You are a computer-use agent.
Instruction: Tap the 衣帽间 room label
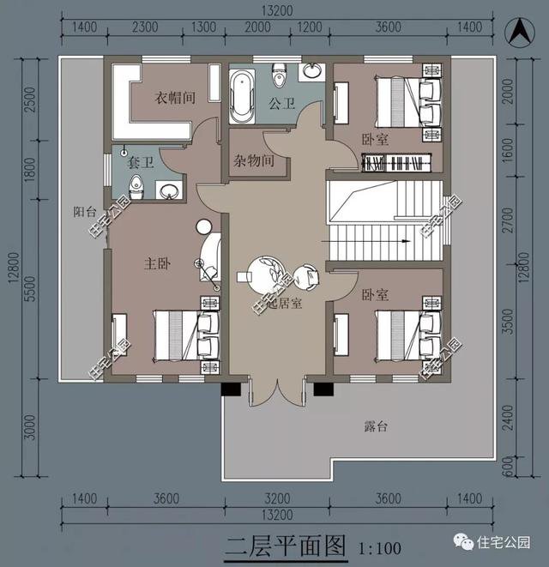[x=175, y=99]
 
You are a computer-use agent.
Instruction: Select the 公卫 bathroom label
[x=281, y=105]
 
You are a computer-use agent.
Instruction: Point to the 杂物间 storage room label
[x=254, y=160]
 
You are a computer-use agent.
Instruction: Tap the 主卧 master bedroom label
[x=160, y=265]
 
